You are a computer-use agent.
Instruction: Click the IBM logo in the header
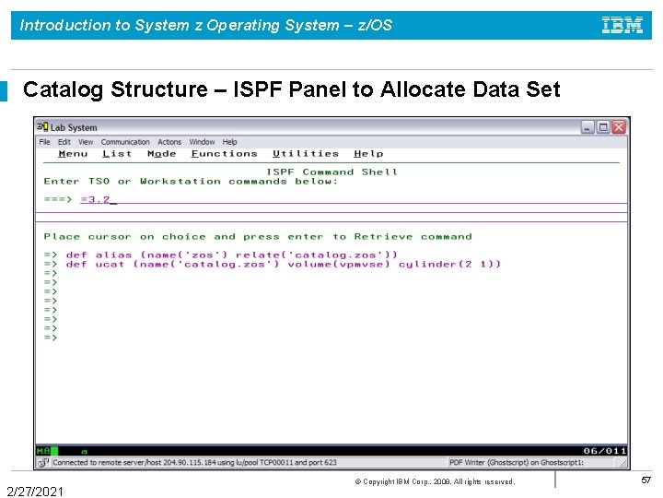622,26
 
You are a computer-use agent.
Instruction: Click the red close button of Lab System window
619,127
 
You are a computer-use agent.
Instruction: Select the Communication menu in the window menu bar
125,142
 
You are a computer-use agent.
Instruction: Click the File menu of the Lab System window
45,142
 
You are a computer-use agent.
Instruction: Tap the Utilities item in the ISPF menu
306,154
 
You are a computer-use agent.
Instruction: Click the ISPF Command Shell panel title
331,172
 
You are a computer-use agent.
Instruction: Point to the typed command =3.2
95,199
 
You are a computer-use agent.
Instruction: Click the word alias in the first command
114,255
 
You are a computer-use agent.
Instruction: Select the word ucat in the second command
110,264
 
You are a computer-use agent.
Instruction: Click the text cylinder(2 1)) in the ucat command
449,264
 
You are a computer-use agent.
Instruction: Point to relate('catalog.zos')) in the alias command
317,255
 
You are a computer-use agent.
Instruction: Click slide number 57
646,480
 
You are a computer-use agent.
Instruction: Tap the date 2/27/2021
35,492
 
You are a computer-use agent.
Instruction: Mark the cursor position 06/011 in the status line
604,451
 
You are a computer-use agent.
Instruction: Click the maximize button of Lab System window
603,127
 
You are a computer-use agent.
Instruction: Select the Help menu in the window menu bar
229,142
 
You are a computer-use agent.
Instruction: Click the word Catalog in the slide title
64,89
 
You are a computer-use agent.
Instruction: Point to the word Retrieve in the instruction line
384,236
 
